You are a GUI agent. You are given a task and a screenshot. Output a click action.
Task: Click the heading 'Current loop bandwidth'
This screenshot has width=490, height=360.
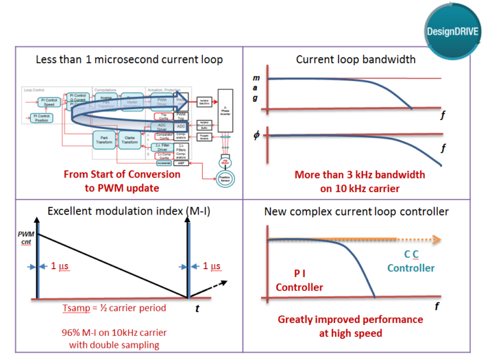(355, 59)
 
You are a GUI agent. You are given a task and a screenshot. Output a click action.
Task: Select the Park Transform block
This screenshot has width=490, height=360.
(103, 140)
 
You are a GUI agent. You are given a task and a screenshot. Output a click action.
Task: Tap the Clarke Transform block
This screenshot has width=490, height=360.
(131, 140)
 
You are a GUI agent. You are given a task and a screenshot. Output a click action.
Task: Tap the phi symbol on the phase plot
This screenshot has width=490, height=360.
(256, 136)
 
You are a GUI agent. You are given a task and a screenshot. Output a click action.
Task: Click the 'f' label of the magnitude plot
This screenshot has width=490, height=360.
(442, 116)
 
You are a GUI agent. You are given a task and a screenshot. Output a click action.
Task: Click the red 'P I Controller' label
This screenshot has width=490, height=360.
(299, 280)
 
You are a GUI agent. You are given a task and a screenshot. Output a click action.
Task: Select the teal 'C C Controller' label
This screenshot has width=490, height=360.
(411, 262)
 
